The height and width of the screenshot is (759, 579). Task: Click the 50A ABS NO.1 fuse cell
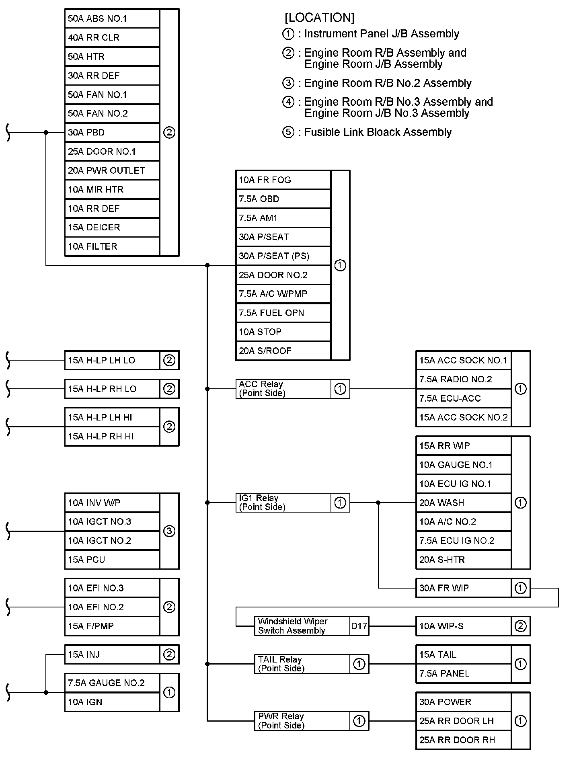112,18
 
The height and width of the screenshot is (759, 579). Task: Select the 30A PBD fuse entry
112,132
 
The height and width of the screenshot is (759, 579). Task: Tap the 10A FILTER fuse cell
112,246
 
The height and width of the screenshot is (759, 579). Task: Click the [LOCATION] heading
319,18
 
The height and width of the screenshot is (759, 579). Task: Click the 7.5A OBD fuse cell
283,199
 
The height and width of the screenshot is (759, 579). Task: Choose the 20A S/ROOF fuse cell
283,351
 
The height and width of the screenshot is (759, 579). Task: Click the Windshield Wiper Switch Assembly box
302,626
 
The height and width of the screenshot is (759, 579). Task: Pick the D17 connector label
359,626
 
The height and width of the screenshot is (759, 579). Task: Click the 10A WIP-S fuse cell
463,626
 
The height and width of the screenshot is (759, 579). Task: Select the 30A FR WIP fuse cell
463,588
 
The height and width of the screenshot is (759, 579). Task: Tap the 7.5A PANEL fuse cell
463,673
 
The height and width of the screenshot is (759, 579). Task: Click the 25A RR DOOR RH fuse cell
463,740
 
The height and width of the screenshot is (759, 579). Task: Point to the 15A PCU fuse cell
112,560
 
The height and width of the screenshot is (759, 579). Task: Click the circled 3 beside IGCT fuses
169,531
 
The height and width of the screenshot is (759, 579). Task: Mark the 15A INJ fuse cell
112,654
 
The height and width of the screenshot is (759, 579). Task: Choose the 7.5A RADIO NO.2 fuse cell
463,379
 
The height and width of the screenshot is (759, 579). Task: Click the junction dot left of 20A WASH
378,503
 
